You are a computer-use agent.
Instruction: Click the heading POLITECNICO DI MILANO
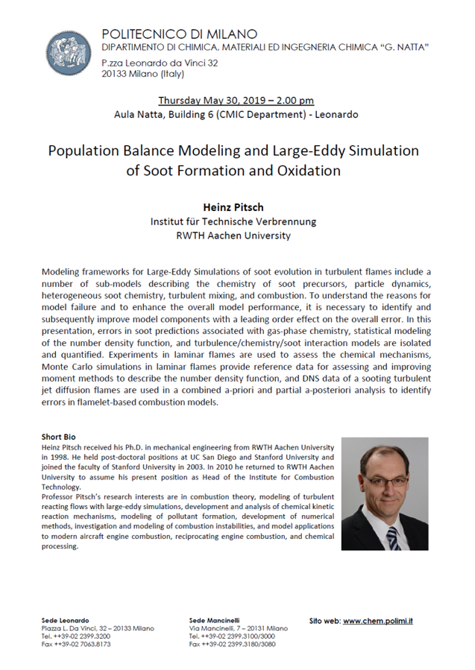click(180, 34)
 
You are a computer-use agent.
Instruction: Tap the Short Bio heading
click(59, 437)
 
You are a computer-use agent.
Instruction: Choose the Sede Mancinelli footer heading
click(214, 620)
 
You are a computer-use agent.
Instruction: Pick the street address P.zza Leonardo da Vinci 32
click(160, 63)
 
